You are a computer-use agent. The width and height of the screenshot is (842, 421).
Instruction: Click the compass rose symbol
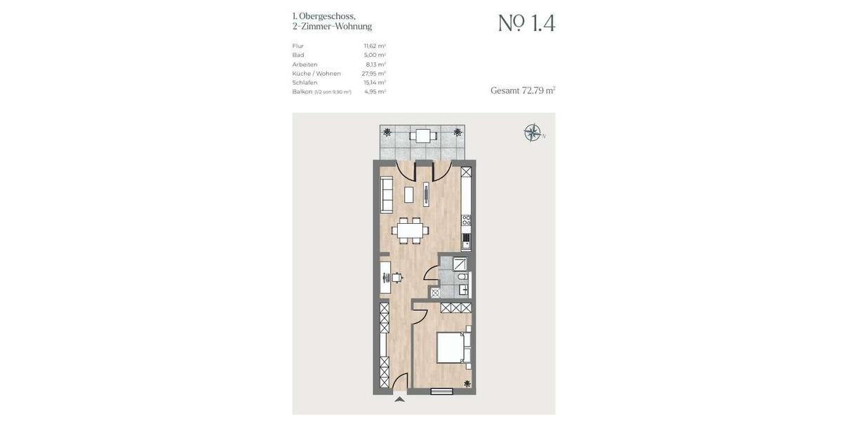click(533, 133)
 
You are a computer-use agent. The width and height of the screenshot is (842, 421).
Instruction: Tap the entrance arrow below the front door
click(399, 399)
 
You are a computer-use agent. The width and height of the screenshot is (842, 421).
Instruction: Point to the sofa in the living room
click(387, 194)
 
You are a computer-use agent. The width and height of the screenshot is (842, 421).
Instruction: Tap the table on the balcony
click(422, 135)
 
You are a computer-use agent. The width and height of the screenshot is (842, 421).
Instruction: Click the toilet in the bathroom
click(462, 277)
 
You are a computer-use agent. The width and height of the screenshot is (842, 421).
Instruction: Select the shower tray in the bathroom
click(460, 265)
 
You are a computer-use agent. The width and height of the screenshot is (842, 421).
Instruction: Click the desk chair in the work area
click(396, 277)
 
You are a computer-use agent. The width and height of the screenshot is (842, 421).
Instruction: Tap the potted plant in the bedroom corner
click(467, 383)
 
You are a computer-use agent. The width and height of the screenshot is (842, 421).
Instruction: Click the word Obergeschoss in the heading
click(327, 15)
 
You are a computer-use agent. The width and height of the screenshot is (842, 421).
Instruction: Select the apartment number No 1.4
click(526, 23)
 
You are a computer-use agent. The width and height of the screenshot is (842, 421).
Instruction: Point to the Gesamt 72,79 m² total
click(523, 91)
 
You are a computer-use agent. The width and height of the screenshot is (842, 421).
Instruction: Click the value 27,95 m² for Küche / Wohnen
click(373, 73)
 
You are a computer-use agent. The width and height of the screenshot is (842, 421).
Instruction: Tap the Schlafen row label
click(305, 82)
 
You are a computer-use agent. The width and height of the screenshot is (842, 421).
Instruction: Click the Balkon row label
click(302, 91)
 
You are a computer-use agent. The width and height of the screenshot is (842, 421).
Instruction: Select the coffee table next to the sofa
click(409, 195)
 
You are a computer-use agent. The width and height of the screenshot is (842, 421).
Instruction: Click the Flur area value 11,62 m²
click(375, 46)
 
